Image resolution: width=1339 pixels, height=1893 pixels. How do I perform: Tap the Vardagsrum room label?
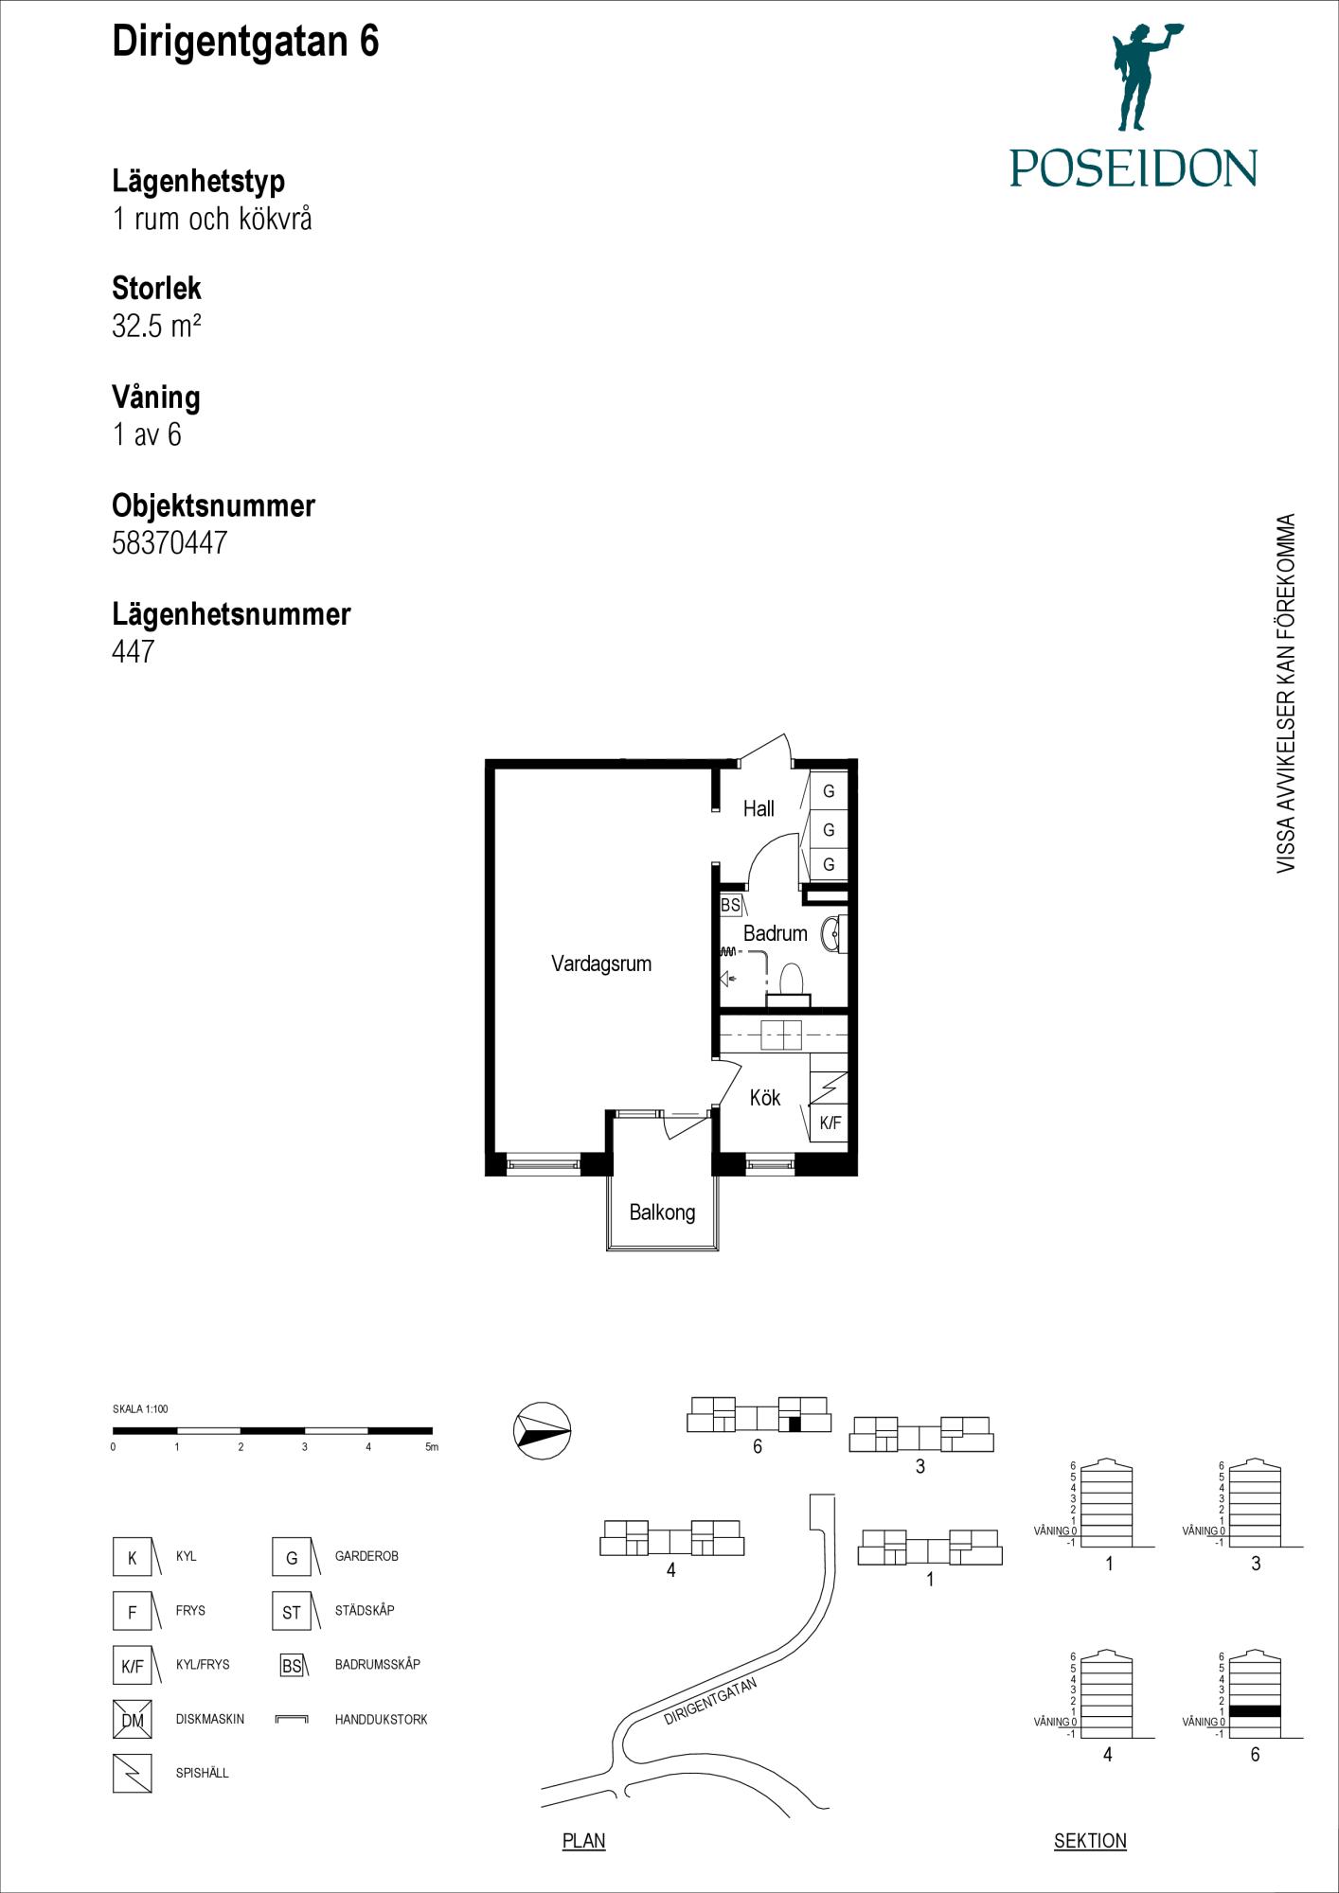pos(601,964)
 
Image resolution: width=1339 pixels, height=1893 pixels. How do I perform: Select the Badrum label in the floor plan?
pos(775,933)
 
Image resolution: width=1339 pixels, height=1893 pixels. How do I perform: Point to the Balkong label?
pos(662,1212)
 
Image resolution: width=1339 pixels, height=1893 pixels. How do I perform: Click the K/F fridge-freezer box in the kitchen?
pos(829,1123)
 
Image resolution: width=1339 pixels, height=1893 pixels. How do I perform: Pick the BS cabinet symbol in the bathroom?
pos(730,906)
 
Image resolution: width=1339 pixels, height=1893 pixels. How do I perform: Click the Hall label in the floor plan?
pos(759,809)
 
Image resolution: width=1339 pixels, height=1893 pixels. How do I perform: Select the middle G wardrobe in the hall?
pos(829,830)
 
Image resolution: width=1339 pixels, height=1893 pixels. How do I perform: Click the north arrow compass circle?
pos(543,1430)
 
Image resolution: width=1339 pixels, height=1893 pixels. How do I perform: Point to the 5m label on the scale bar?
pos(432,1447)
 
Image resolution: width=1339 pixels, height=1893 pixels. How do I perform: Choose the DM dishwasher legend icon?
pos(133,1720)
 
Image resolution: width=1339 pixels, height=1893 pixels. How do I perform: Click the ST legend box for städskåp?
pos(292,1612)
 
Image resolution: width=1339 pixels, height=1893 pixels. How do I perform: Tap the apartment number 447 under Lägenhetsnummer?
pos(133,651)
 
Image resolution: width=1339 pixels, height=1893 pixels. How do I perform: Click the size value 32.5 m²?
pos(156,326)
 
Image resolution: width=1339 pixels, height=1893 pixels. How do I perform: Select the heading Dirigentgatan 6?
pos(245,43)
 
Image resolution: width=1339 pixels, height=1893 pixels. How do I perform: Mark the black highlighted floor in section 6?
pos(1255,1711)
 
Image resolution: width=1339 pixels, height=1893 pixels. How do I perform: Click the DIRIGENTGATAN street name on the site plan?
pos(710,1702)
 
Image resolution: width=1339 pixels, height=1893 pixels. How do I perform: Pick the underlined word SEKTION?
pos(1090,1841)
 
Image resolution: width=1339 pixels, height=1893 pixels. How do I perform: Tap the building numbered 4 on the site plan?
pos(671,1538)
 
